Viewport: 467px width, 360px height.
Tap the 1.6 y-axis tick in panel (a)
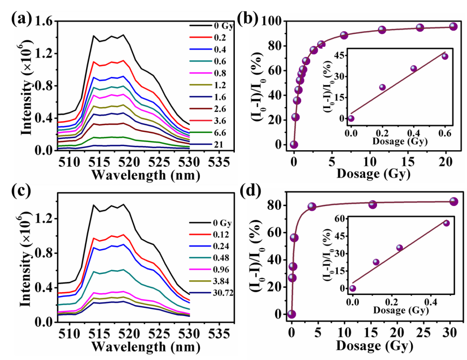pyautogui.click(x=44, y=22)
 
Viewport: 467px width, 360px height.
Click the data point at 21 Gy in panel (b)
pyautogui.click(x=454, y=26)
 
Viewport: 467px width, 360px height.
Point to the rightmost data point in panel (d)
pyautogui.click(x=454, y=201)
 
